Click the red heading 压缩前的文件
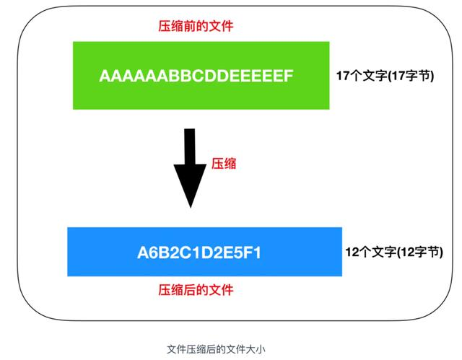point(196,26)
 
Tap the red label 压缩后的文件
point(196,290)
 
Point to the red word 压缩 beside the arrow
point(224,164)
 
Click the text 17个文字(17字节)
point(385,76)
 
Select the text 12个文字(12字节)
point(394,252)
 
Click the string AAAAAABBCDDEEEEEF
point(196,76)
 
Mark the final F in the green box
point(289,76)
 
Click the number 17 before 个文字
point(343,76)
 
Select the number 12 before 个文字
point(352,252)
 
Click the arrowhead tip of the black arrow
point(190,206)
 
